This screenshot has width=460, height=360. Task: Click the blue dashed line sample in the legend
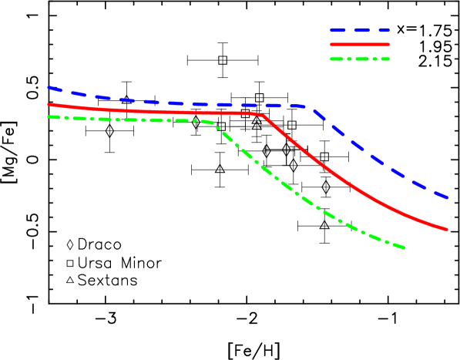[x=360, y=30]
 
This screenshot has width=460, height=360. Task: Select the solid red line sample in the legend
[x=360, y=45]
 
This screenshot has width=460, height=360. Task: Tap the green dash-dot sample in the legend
[x=360, y=59]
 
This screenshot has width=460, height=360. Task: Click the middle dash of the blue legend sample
[x=360, y=30]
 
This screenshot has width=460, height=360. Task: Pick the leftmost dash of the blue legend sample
[x=337, y=30]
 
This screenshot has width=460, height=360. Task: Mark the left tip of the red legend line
[x=331, y=45]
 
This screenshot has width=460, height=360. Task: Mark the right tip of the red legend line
[x=389, y=45]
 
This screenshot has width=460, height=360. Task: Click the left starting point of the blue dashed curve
[x=48, y=88]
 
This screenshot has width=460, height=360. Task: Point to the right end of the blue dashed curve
[x=448, y=197]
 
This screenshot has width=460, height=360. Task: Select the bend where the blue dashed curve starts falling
[x=311, y=107]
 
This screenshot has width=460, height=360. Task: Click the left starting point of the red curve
[x=48, y=104]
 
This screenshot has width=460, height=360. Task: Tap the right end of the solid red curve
[x=447, y=229]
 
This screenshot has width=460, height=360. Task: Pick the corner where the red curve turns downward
[x=264, y=115]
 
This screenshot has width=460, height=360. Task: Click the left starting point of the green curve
[x=48, y=116]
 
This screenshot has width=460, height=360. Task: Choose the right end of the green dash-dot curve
[x=405, y=247]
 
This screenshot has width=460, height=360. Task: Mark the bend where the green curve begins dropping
[x=214, y=123]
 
